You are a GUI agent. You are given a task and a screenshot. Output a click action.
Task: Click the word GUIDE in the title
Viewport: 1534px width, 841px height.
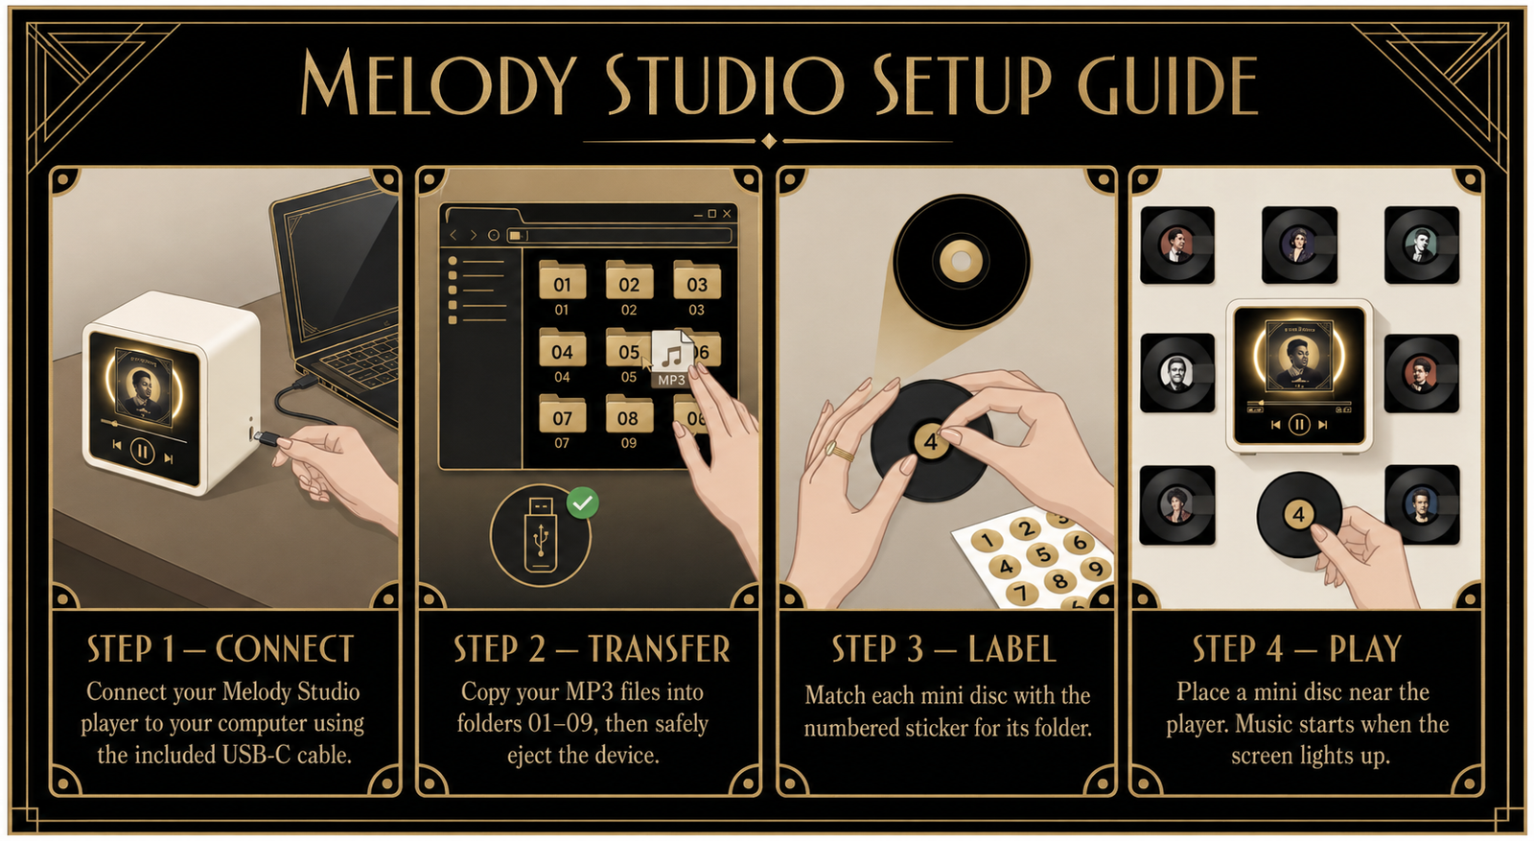(x=1168, y=85)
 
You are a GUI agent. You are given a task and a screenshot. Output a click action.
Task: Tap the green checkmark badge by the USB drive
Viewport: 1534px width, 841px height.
(x=583, y=503)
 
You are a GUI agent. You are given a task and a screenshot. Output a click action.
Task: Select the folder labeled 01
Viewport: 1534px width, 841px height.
(x=562, y=280)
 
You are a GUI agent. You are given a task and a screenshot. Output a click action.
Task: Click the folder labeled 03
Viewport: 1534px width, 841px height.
(x=696, y=280)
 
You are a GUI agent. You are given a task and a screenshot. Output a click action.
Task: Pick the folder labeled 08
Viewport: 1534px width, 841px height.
(x=629, y=413)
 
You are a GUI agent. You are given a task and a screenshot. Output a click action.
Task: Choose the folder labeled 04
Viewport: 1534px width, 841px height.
(x=562, y=347)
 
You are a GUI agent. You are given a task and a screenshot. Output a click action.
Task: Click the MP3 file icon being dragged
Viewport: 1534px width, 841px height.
(x=672, y=359)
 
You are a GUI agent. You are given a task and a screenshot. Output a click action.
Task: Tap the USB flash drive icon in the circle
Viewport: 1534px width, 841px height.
(x=541, y=534)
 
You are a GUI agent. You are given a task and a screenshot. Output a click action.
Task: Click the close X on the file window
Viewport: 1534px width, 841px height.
(x=728, y=214)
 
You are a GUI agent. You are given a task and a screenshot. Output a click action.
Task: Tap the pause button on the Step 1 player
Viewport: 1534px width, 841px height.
(x=143, y=452)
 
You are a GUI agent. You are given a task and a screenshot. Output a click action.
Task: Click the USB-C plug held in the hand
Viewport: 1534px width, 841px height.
(x=266, y=438)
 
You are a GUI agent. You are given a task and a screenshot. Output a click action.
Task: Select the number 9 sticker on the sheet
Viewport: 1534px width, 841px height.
(x=1096, y=569)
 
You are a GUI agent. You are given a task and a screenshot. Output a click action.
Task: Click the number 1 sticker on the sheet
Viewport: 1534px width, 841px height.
(x=987, y=541)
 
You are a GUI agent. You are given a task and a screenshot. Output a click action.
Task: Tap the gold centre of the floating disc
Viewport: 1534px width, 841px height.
(x=961, y=261)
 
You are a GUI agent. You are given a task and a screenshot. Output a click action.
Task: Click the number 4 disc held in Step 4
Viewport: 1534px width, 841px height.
(x=1298, y=514)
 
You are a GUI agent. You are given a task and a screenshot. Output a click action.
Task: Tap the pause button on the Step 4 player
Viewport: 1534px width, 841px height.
(x=1299, y=425)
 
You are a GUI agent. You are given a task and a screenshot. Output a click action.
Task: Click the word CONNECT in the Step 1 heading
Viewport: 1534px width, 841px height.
(x=285, y=648)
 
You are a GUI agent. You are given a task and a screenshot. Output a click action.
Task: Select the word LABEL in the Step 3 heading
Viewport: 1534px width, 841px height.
(x=1012, y=648)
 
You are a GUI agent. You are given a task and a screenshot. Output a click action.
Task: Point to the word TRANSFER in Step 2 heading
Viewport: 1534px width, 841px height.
(x=660, y=648)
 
